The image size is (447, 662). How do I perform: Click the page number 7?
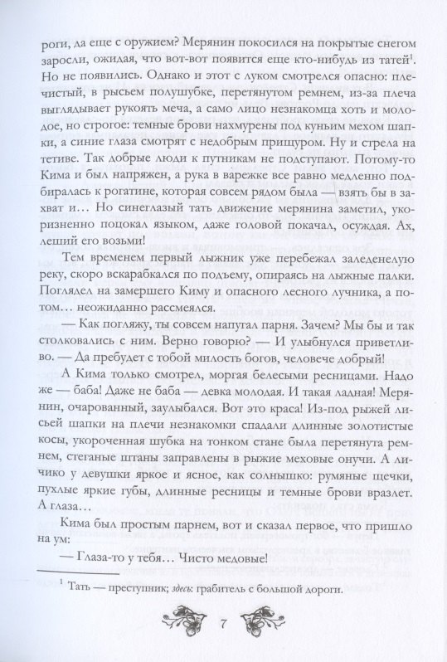point(223,621)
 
